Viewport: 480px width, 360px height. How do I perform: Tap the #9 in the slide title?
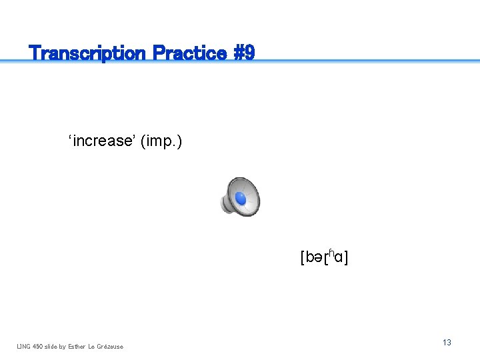tap(244, 53)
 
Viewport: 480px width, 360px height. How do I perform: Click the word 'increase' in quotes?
tap(102, 141)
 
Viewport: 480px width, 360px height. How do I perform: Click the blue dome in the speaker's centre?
tap(241, 199)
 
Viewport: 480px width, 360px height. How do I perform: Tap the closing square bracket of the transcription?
tap(347, 257)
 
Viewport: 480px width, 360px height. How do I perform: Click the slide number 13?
tap(447, 342)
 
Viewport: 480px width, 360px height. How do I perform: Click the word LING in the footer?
tap(23, 346)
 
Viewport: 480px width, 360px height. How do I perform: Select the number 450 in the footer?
tap(37, 346)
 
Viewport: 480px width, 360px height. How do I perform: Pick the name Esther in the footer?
tap(76, 346)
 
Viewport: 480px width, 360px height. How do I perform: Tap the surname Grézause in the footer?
tap(110, 346)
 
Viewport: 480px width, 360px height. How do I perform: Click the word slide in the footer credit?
tap(51, 346)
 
